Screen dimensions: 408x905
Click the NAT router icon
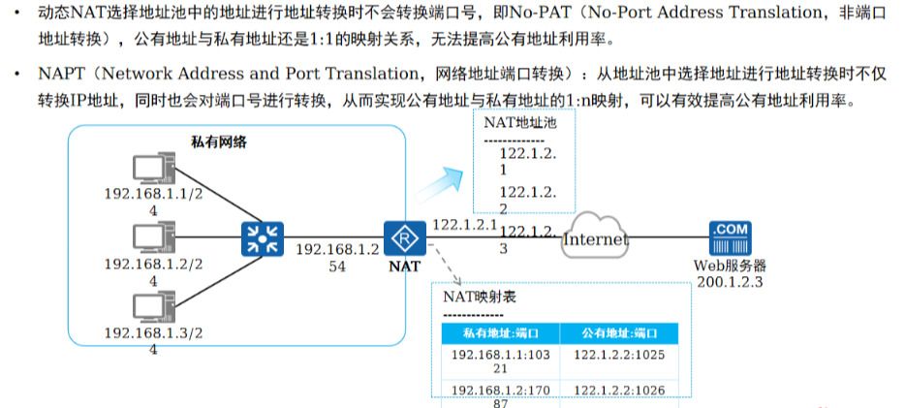click(x=399, y=237)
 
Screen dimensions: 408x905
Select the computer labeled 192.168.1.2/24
click(x=149, y=238)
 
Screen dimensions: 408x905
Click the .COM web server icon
click(x=731, y=238)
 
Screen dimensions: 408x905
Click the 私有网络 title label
click(x=218, y=142)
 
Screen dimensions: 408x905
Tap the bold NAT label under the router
click(x=399, y=263)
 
